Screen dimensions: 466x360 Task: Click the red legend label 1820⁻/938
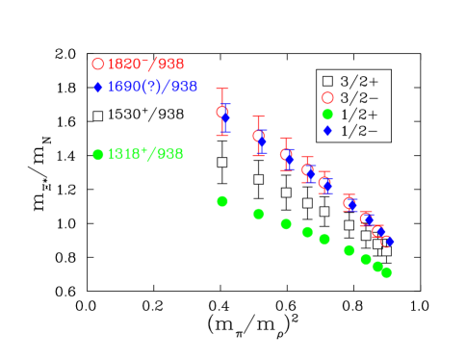point(145,64)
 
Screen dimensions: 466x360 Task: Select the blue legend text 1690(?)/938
point(152,87)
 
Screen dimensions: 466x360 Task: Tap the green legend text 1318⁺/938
point(144,154)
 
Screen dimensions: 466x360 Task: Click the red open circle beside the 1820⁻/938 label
point(97,64)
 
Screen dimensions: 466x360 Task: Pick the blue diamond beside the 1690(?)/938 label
point(97,88)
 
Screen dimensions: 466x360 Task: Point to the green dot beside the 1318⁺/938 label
point(97,154)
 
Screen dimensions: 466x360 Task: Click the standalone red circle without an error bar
point(327,97)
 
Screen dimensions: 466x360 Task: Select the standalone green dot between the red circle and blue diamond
point(327,115)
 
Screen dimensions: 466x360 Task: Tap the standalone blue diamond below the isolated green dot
point(327,130)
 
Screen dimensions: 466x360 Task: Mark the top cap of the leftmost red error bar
point(222,89)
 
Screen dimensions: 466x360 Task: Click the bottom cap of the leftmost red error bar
point(222,136)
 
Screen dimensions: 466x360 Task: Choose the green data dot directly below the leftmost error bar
point(222,201)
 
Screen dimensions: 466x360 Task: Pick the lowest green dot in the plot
point(386,272)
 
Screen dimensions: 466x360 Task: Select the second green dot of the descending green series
point(258,214)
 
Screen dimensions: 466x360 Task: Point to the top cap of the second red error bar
point(258,116)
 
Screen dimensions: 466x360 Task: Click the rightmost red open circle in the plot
point(386,241)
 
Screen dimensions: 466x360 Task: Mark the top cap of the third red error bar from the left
point(286,138)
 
